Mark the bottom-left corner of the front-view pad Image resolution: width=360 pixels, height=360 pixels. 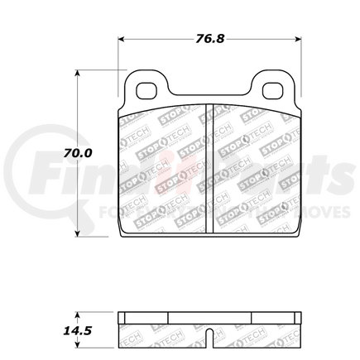click(122, 234)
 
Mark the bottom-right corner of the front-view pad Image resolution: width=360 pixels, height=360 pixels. click(297, 234)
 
